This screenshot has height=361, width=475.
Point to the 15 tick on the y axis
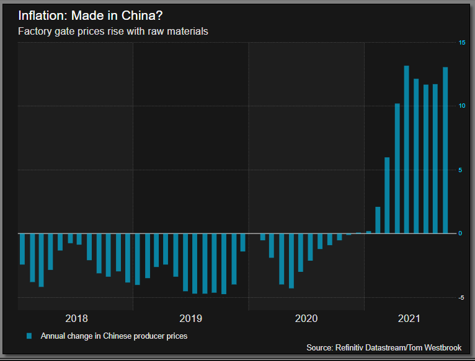[461, 42]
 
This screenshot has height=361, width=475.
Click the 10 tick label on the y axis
[461, 106]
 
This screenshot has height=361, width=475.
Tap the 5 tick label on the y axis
[461, 170]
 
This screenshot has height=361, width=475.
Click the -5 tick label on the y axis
[461, 298]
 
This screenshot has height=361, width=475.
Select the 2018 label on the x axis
[76, 319]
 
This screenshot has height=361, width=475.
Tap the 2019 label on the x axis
[190, 319]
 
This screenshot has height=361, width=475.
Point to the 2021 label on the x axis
[409, 319]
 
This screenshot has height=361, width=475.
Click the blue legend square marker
[29, 336]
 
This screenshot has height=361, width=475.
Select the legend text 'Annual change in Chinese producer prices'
[113, 336]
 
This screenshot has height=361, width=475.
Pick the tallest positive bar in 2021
[407, 149]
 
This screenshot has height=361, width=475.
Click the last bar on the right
[445, 150]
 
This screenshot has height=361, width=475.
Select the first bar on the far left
[22, 249]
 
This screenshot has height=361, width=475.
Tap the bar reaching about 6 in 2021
[387, 195]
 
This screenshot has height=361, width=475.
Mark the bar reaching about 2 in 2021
[378, 220]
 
